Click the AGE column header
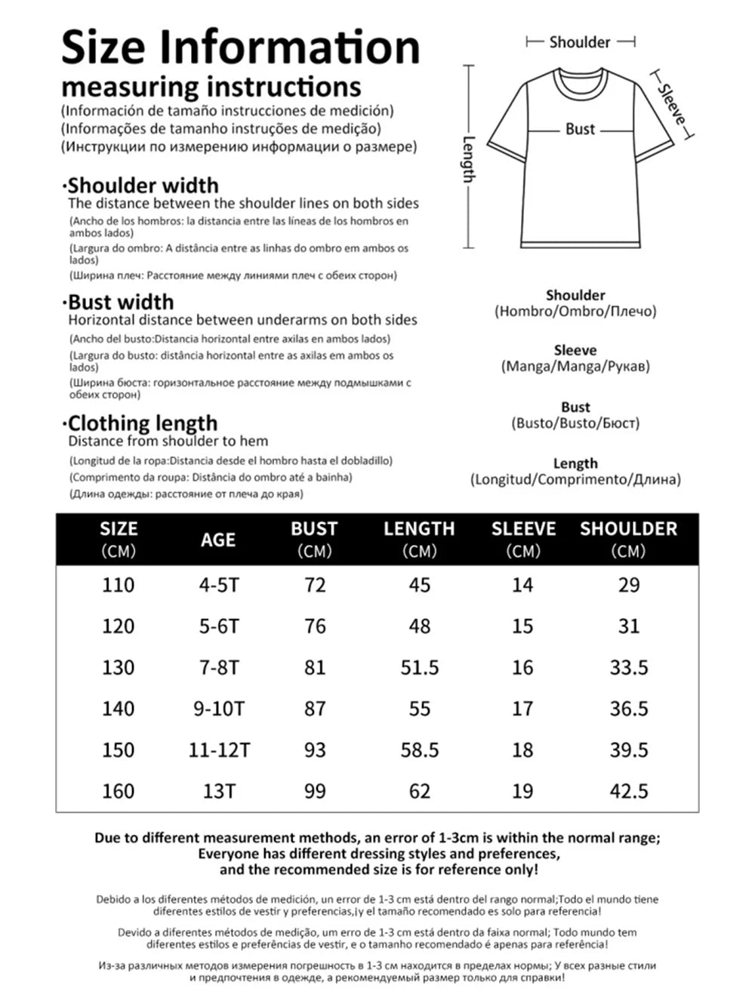pyautogui.click(x=217, y=540)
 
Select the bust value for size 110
pyautogui.click(x=315, y=585)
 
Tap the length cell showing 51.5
pyautogui.click(x=419, y=668)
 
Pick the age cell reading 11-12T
pyautogui.click(x=219, y=750)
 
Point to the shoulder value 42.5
pyautogui.click(x=629, y=791)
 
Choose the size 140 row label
pyautogui.click(x=119, y=709)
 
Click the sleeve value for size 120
pyautogui.click(x=522, y=626)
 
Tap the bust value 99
pyautogui.click(x=315, y=791)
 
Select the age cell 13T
pyautogui.click(x=219, y=791)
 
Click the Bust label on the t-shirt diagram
pyautogui.click(x=580, y=129)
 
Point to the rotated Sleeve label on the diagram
pyautogui.click(x=671, y=105)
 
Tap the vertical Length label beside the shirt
pyautogui.click(x=469, y=159)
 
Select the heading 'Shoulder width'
pyautogui.click(x=143, y=186)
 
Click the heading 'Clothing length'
pyautogui.click(x=143, y=423)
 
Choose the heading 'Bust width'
pyautogui.click(x=121, y=303)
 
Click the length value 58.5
pyautogui.click(x=419, y=750)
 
